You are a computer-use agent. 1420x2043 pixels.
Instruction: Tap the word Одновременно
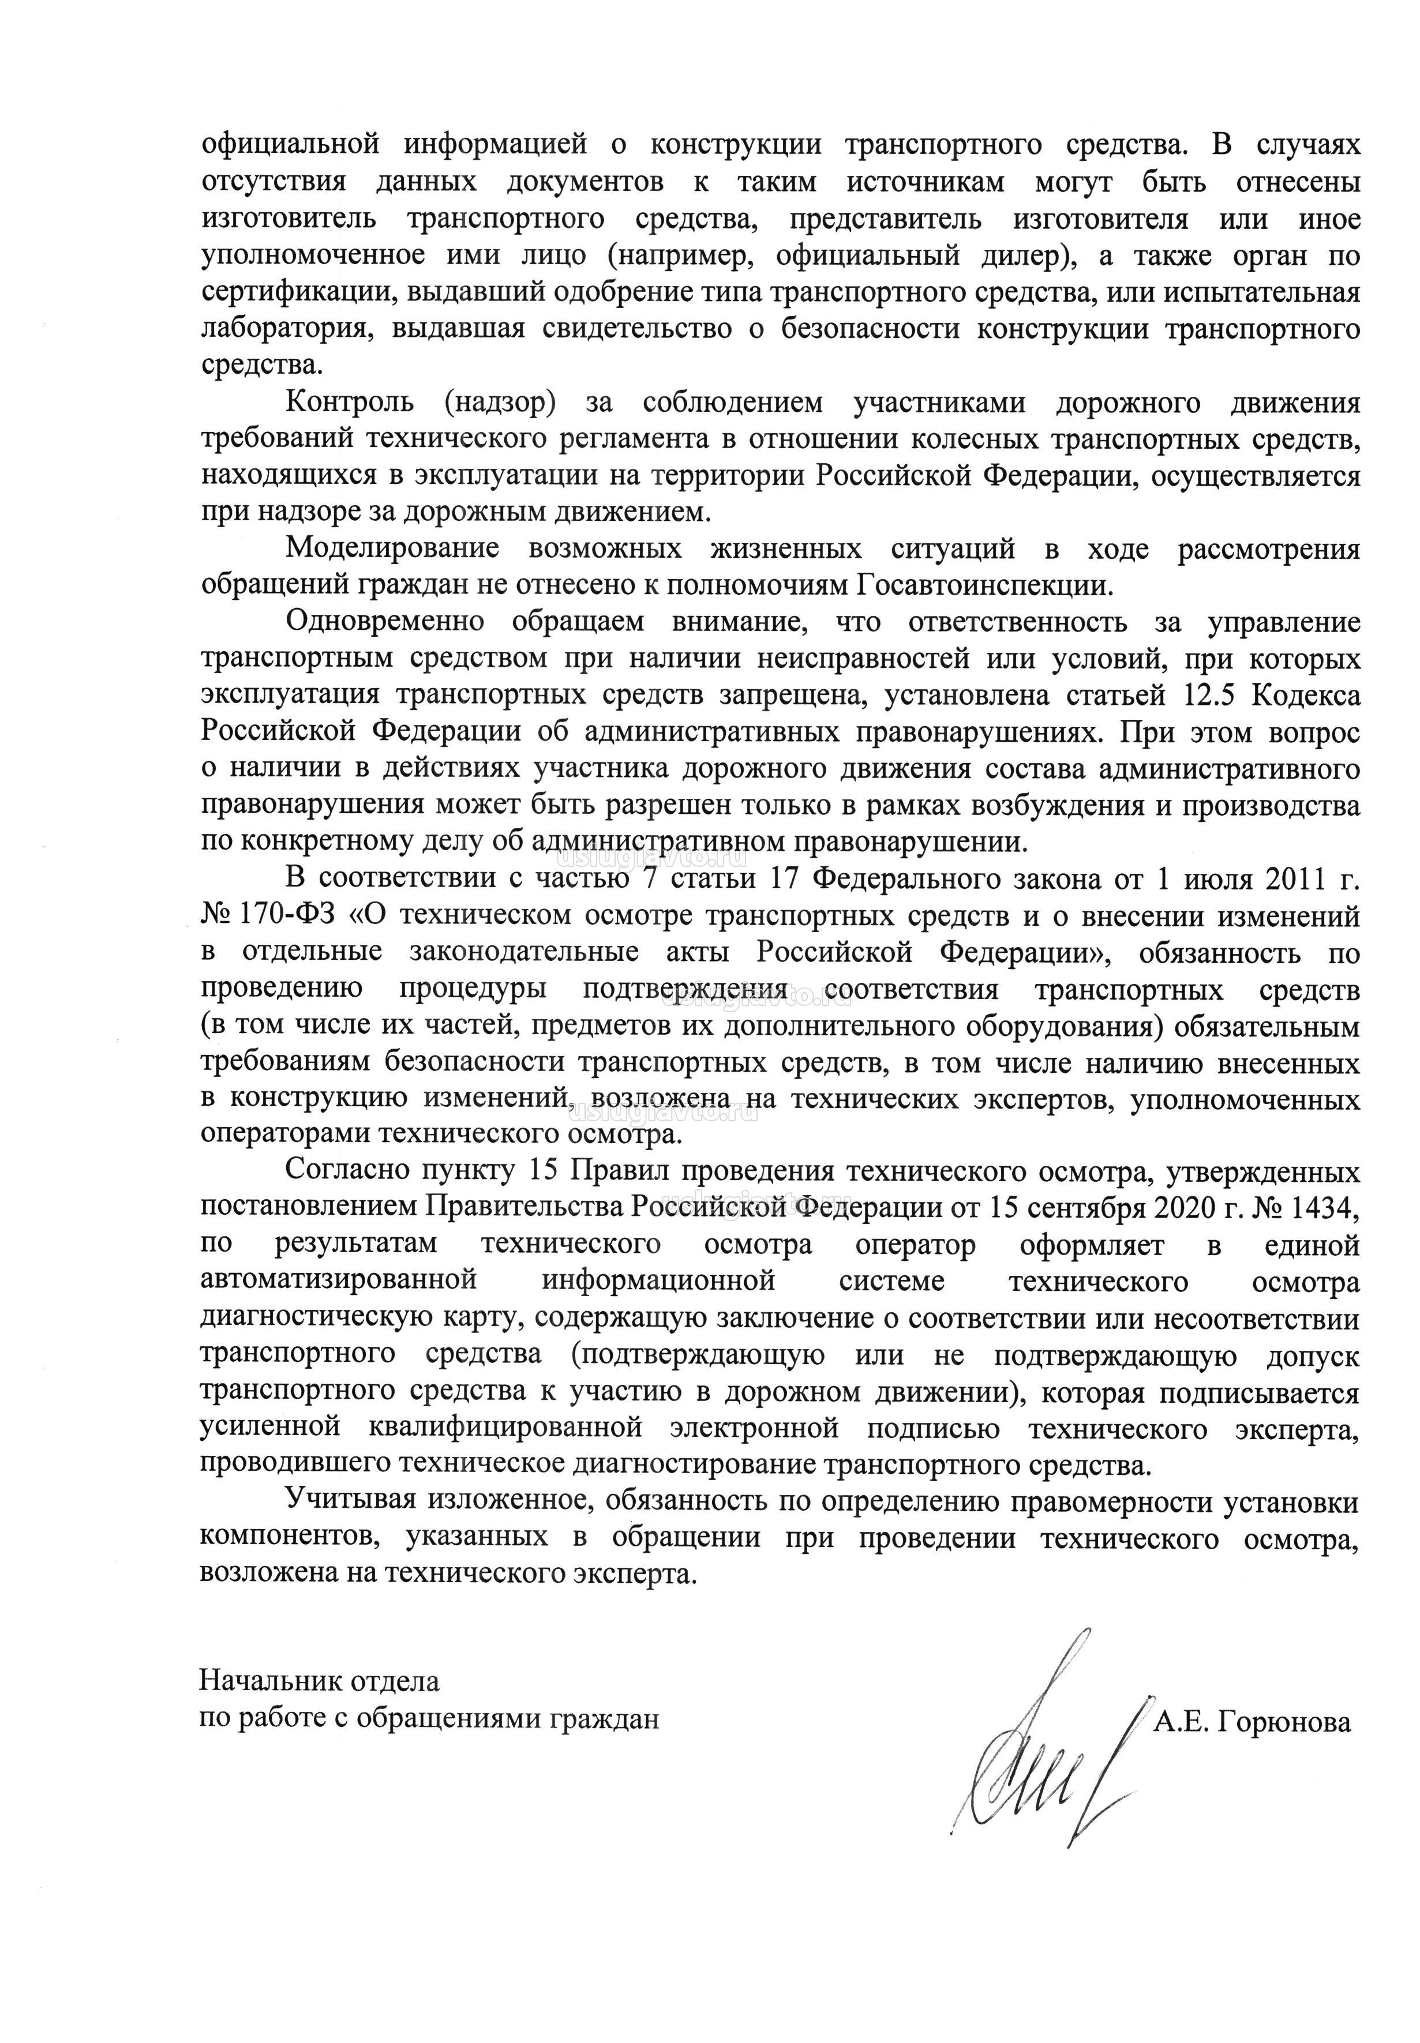click(x=379, y=622)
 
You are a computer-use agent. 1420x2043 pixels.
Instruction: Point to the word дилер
click(x=1024, y=256)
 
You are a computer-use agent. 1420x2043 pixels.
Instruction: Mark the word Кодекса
click(x=1306, y=696)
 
